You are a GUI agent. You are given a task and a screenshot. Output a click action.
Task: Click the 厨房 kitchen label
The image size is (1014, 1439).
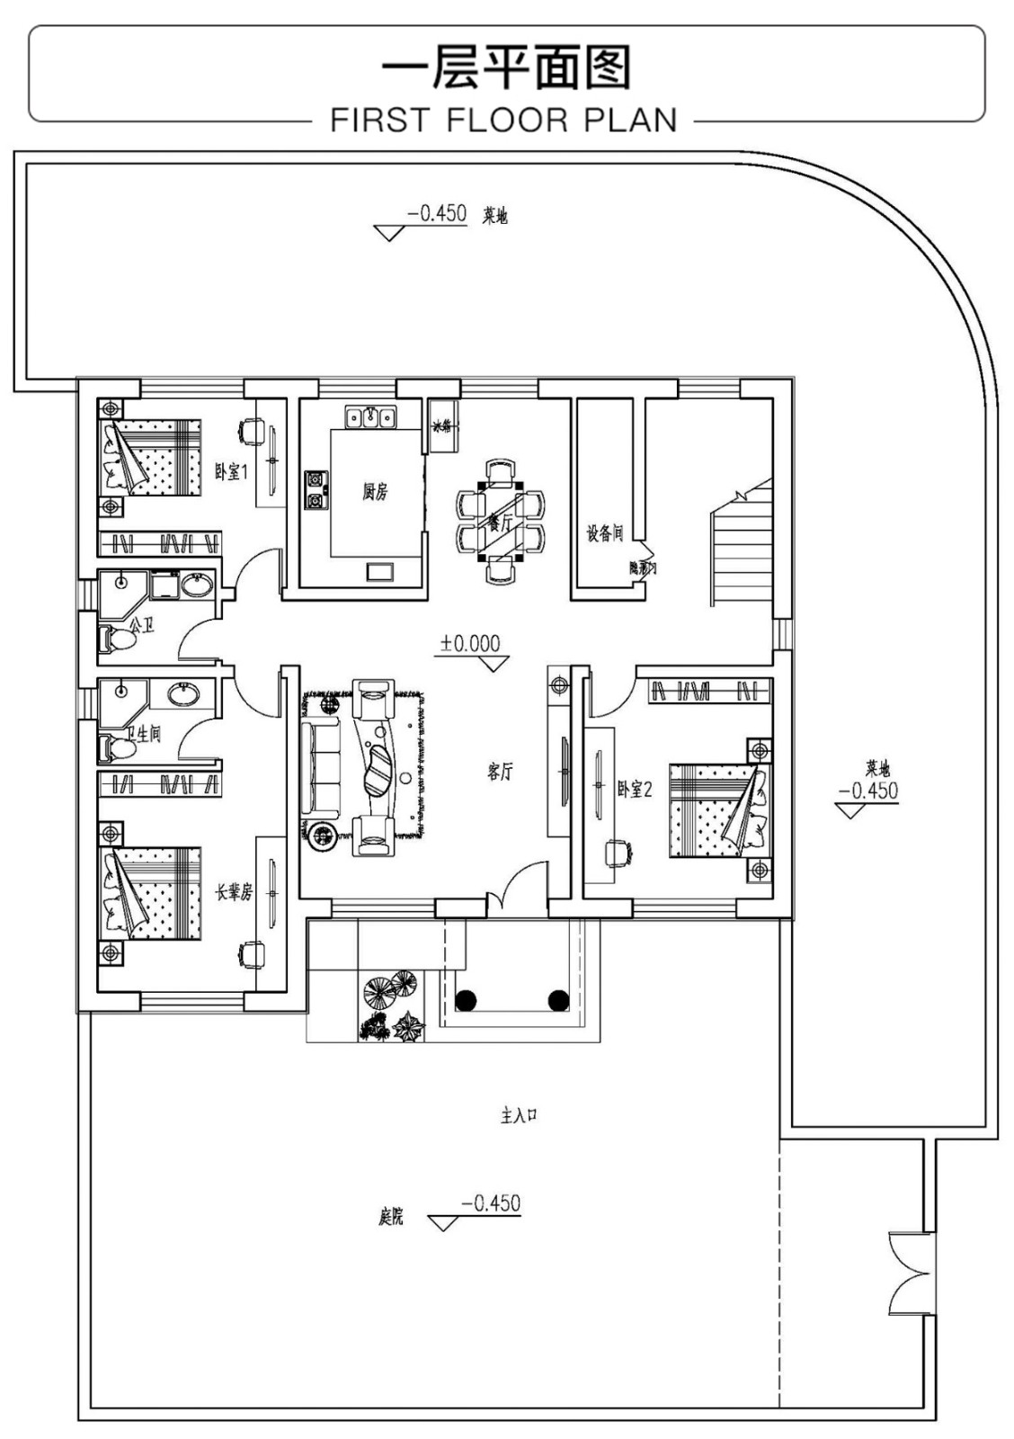point(375,492)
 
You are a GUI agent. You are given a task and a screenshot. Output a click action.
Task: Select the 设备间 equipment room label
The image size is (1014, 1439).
point(604,533)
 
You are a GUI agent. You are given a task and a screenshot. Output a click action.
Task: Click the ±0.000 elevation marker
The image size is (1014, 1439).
point(470,644)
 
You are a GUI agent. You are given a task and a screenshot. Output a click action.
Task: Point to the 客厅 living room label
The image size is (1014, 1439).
point(500,772)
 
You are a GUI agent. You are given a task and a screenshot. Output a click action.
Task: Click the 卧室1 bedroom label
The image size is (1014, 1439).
point(230,471)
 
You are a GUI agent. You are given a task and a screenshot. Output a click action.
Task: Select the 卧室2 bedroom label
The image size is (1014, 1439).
point(635,790)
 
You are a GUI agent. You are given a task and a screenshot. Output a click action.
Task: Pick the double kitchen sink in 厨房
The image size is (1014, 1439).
point(370,417)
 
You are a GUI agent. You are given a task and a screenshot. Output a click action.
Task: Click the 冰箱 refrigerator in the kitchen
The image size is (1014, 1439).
point(443,426)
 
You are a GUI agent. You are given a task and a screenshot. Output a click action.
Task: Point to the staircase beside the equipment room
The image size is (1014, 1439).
point(742,549)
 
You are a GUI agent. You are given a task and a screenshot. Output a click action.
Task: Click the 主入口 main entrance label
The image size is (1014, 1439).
point(519,1116)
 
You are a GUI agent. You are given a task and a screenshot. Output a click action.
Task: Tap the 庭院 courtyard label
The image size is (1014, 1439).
point(390,1218)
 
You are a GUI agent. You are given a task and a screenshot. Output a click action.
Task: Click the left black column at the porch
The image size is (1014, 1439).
point(466,999)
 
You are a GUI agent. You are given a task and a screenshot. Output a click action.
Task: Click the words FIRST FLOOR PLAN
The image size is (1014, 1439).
point(503,120)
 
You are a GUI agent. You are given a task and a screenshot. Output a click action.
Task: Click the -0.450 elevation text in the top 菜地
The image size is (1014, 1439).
point(437,214)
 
